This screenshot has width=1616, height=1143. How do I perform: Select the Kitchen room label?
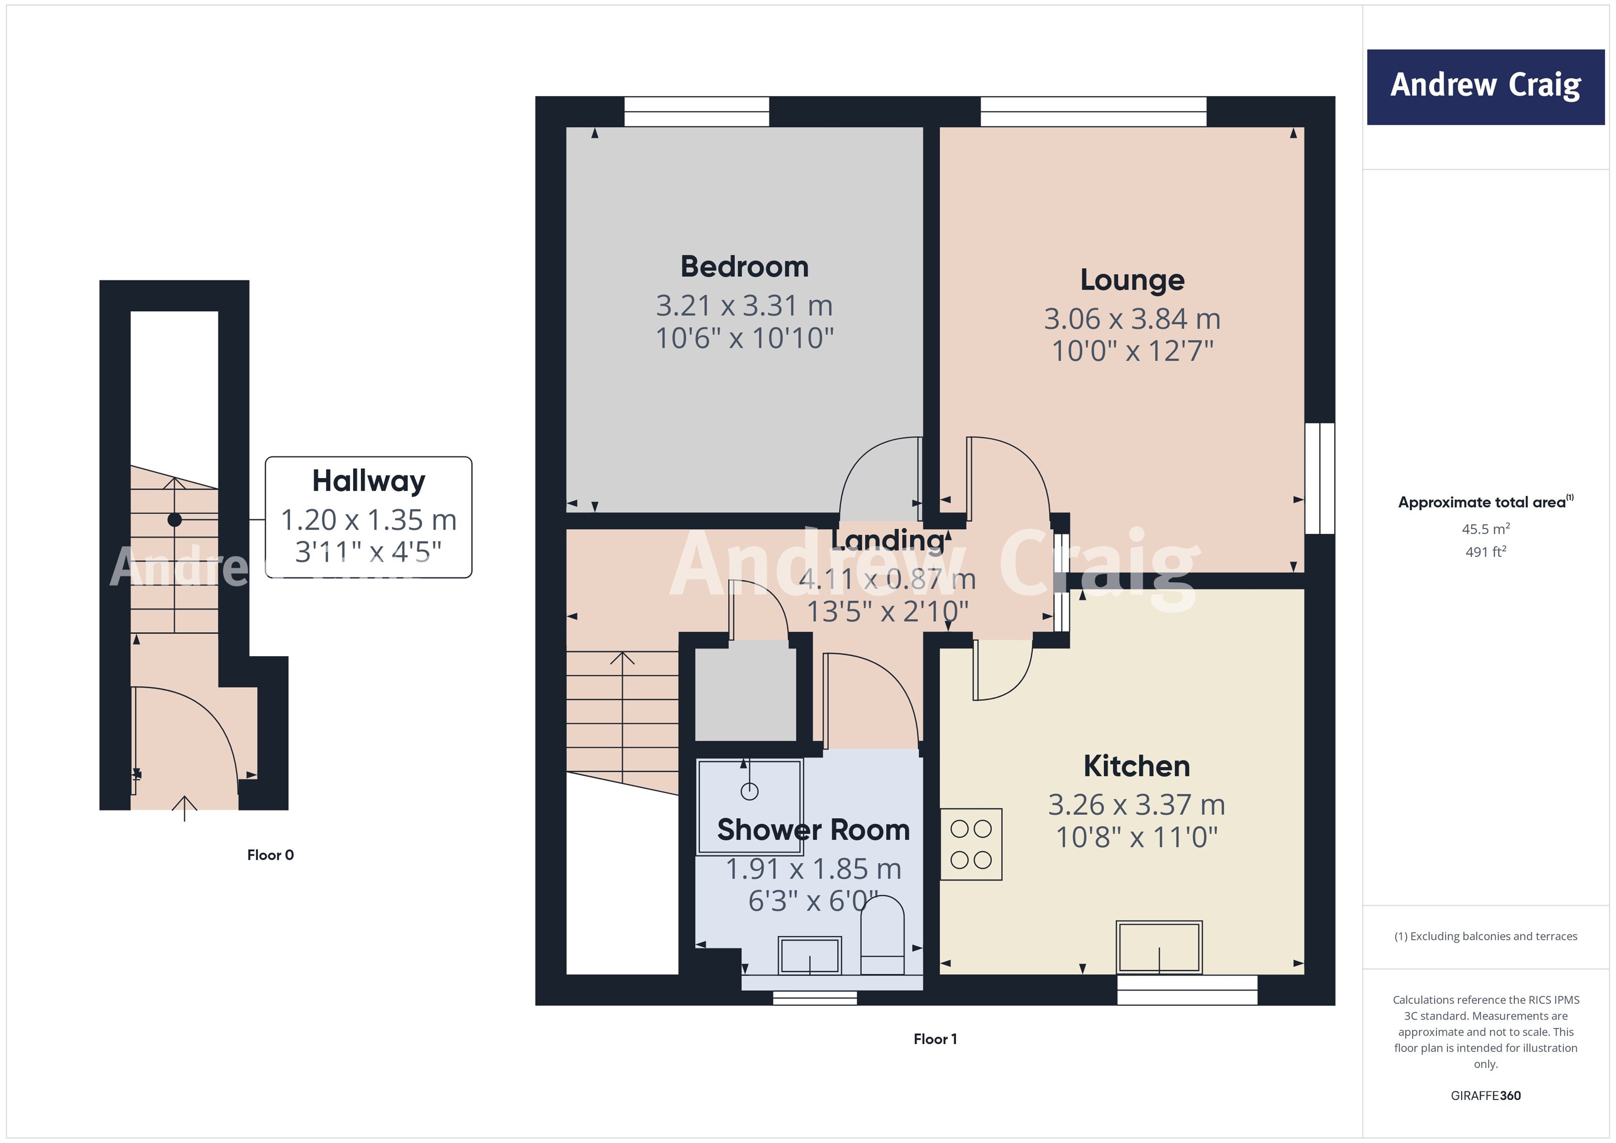tap(1136, 766)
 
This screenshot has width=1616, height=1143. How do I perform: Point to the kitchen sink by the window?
tap(1159, 947)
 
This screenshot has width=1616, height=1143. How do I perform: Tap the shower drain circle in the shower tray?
tap(750, 792)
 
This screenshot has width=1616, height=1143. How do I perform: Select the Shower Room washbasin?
tap(809, 955)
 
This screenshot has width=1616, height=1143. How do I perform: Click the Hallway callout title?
tap(368, 481)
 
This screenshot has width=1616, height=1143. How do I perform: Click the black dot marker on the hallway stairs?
tap(174, 520)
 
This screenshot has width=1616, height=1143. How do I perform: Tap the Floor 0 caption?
tap(270, 855)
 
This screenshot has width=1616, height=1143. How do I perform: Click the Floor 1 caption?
tap(935, 1039)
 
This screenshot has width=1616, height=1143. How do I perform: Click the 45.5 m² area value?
tap(1485, 528)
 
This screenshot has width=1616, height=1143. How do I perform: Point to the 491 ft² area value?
tap(1485, 552)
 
